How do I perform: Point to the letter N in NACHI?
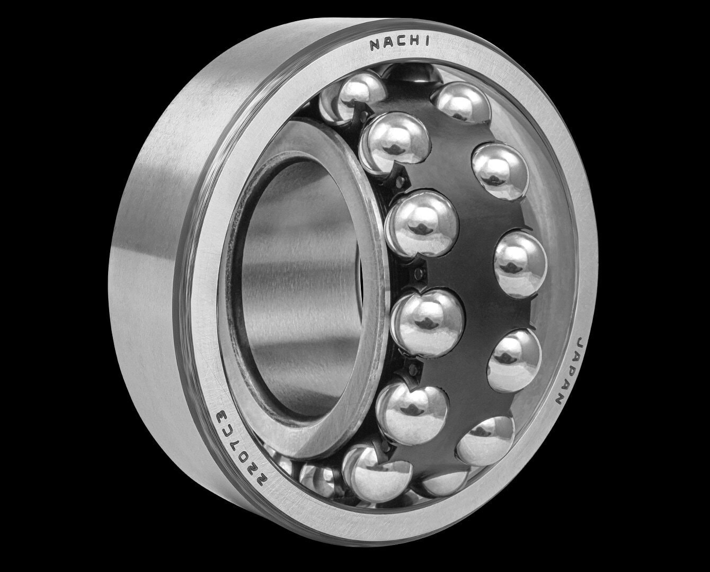(376, 45)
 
